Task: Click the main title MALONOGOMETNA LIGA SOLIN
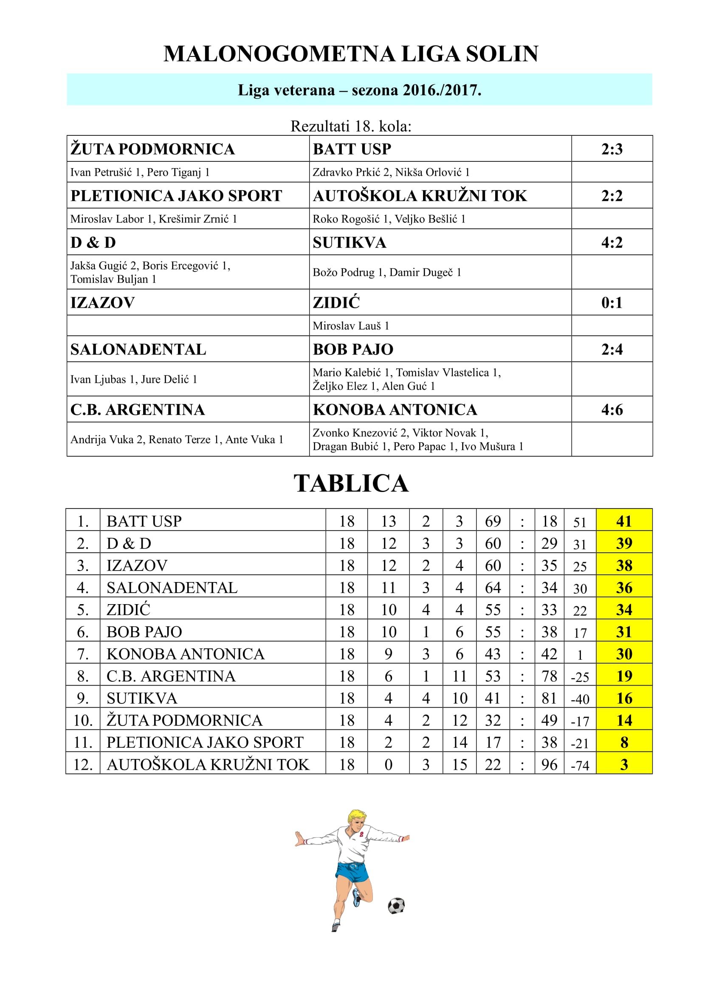coord(351,54)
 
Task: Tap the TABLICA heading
coord(351,483)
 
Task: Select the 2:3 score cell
coord(612,149)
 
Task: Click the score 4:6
coord(612,410)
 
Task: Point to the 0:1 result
coord(612,302)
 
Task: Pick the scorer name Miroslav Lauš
coord(347,326)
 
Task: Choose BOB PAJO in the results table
coord(353,349)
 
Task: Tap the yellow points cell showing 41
coord(624,521)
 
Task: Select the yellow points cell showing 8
coord(624,742)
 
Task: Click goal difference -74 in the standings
coord(580,765)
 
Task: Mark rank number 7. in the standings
coord(83,654)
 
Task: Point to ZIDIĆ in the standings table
coord(128,609)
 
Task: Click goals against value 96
coord(549,765)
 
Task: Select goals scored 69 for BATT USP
coord(493,521)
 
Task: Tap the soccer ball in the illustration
coord(396,905)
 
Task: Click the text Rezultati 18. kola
coord(351,126)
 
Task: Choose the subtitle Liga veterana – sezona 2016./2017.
coord(359,90)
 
